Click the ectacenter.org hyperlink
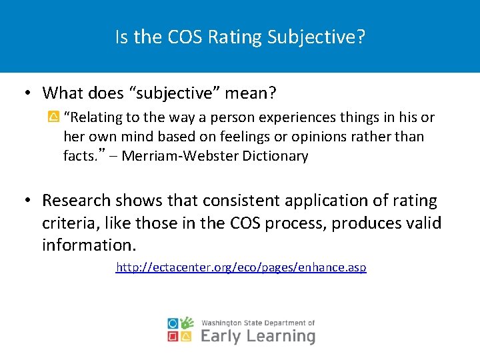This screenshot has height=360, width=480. click(x=241, y=267)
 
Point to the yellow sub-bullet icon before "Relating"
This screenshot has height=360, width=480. click(x=54, y=117)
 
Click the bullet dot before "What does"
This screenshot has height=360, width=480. click(x=30, y=92)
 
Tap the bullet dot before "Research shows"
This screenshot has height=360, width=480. click(x=30, y=201)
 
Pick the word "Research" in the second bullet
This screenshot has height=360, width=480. click(x=75, y=201)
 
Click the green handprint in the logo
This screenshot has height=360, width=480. click(x=187, y=323)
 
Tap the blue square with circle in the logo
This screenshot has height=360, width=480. click(x=173, y=323)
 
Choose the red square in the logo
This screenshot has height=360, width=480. click(x=173, y=337)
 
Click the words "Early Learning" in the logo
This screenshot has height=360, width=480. click(x=257, y=336)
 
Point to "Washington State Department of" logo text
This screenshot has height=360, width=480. click(x=257, y=323)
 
